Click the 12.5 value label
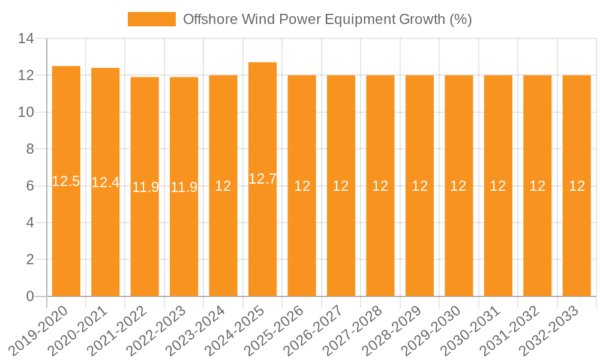point(66,181)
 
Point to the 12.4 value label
point(106,182)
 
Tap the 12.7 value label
point(262,179)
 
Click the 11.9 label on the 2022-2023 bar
point(184,187)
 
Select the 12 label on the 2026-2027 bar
point(341,186)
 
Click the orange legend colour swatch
point(152,19)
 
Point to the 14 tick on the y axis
point(26,39)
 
